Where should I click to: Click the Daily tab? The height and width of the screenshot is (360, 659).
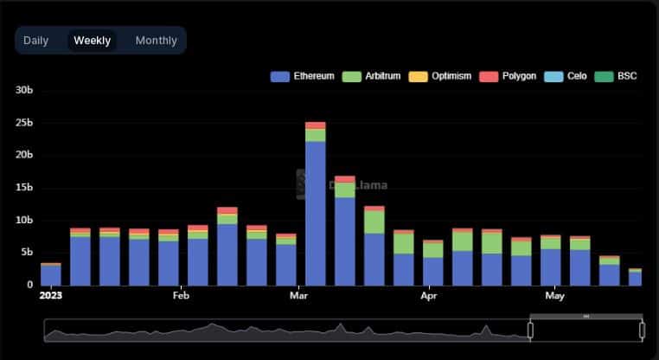36,41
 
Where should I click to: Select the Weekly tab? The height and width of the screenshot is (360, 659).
93,41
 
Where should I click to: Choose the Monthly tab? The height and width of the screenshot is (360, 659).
157,41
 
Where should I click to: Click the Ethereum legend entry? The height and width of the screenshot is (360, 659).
304,76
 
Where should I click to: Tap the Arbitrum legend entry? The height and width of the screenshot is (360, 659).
374,76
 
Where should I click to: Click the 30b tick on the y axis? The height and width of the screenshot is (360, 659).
24,90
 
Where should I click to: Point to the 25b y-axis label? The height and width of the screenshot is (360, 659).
24,123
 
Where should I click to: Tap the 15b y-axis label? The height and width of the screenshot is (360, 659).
24,188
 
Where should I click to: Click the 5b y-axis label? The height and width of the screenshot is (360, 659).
27,253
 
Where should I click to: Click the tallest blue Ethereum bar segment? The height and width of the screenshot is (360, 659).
315,213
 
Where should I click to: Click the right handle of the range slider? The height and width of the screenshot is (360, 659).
642,330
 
